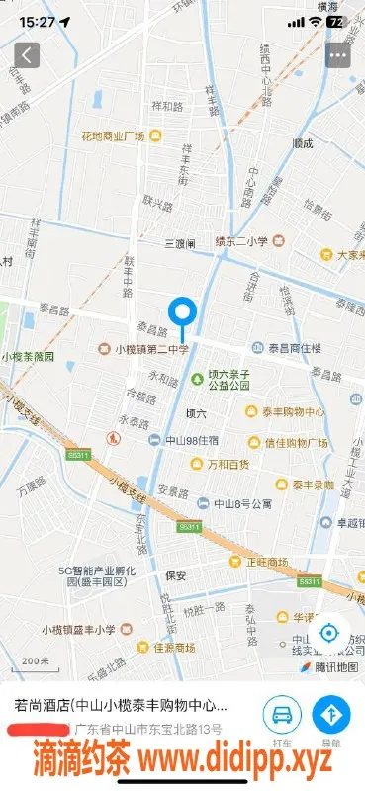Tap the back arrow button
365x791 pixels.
coord(27,54)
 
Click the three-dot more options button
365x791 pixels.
coord(339,54)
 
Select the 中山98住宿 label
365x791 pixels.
coord(191,441)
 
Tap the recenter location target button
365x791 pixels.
coord(329,634)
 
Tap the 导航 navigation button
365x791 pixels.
coord(331,719)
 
